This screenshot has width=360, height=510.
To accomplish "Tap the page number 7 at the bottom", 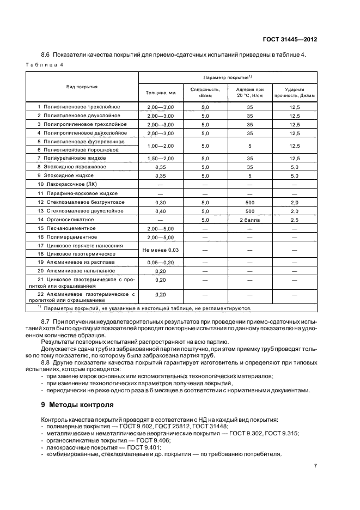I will coord(315,465).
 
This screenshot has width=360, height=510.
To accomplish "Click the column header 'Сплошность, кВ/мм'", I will coord(205,93).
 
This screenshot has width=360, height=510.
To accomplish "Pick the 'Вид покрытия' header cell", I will coord(82,86).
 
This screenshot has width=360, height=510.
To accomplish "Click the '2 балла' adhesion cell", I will coord(249,219).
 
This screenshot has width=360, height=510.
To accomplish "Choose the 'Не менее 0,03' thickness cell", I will coord(160,250).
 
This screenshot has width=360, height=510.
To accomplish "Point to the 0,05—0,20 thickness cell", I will coord(160,263).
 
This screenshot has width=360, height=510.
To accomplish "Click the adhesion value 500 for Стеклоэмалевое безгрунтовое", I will coord(249,202).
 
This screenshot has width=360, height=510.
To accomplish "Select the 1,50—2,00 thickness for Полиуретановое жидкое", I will coord(160,158).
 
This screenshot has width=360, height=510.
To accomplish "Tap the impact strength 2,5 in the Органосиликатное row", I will coord(295,219).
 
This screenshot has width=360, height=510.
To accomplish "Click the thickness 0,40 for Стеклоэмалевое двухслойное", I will coord(160,210).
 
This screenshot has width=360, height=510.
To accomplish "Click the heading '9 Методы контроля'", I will coord(78,405).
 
